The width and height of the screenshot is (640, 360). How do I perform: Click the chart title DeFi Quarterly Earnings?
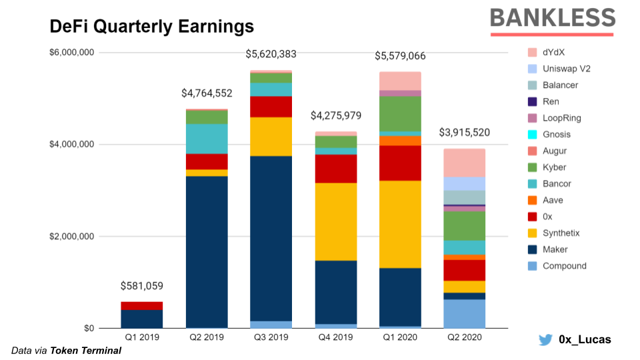tap(152, 26)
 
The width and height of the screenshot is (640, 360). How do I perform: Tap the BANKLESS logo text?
tap(552, 18)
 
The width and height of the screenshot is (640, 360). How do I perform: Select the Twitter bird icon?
tap(545, 340)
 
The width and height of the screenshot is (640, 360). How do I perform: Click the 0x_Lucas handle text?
tap(584, 340)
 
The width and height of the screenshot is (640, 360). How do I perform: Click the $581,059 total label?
tap(141, 286)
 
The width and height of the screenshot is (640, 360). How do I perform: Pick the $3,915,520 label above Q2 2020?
tap(464, 133)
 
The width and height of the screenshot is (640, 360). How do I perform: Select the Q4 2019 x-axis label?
tap(335, 338)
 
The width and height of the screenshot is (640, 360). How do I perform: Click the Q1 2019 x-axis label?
tap(141, 338)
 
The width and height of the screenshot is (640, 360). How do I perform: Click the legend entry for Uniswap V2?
tap(566, 69)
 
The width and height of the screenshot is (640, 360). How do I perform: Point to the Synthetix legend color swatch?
tap(532, 233)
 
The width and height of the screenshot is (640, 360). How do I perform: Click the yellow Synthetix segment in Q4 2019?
tap(335, 221)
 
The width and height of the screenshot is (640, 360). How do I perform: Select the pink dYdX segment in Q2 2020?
tap(464, 163)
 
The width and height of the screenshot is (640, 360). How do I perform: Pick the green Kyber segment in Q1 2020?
tap(400, 113)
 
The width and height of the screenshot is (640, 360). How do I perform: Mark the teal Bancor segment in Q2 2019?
tap(206, 139)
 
